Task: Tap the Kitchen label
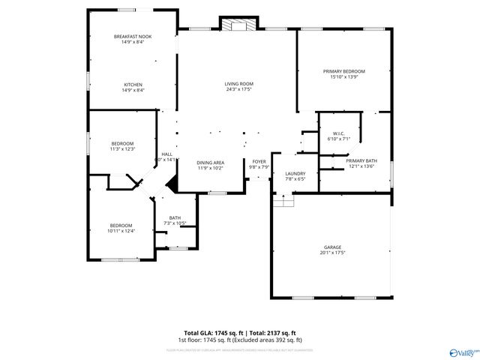coord(133,85)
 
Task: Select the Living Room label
coord(239,84)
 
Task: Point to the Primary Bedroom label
coord(344,71)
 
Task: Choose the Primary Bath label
coord(361,160)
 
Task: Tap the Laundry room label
coord(295,174)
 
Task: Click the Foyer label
coord(259,161)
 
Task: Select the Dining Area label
coord(211,163)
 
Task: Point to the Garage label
coord(333,247)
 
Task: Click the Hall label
coord(167,154)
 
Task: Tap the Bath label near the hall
coord(175,217)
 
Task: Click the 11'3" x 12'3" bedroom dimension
coord(122,149)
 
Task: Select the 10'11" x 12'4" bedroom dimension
coord(121,231)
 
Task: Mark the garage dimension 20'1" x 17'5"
coord(333,253)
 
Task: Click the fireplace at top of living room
coord(238,26)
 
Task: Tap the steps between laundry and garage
coord(283,201)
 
